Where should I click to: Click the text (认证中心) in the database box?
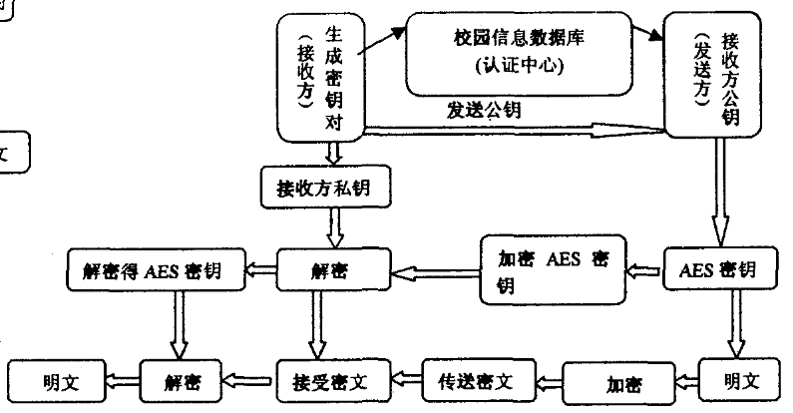click(516, 68)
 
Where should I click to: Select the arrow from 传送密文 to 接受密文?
click(403, 379)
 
